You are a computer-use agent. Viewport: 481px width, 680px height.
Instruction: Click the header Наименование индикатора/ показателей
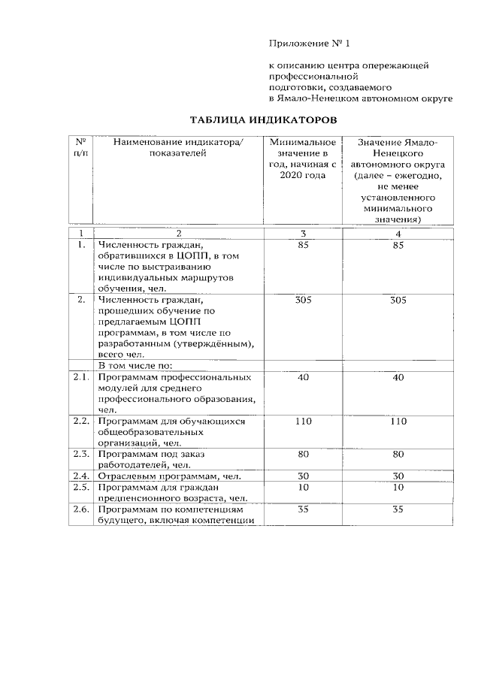click(177, 148)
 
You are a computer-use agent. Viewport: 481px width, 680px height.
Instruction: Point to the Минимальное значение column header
click(303, 159)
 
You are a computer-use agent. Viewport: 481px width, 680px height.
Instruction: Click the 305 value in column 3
click(303, 300)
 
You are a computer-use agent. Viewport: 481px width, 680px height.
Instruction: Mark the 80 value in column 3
click(303, 454)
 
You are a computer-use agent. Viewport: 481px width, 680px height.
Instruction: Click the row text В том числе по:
click(136, 365)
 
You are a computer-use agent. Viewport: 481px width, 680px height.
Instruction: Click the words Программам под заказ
click(146, 454)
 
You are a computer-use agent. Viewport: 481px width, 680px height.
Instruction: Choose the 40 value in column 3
click(303, 377)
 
